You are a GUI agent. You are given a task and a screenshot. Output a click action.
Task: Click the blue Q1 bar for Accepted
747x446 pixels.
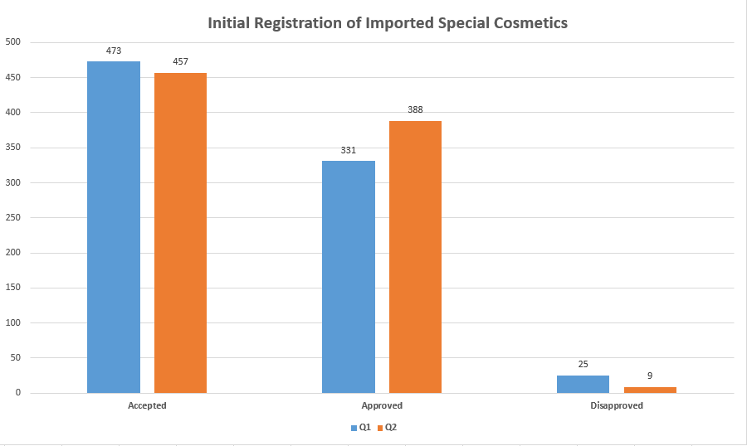(114, 227)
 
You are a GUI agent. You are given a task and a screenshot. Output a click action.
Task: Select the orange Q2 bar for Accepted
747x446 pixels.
(181, 233)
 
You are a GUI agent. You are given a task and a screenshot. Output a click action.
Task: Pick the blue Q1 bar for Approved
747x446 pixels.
(349, 277)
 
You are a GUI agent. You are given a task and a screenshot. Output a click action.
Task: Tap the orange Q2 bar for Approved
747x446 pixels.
(416, 257)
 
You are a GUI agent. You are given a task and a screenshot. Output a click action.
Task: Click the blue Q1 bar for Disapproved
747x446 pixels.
(583, 384)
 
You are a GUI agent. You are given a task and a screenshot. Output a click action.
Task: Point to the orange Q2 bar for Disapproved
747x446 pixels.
(650, 390)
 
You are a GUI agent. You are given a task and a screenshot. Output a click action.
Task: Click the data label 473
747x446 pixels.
(114, 51)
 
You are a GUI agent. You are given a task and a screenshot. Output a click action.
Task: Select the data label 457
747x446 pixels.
(181, 61)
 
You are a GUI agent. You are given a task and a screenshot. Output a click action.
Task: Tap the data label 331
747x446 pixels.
(349, 150)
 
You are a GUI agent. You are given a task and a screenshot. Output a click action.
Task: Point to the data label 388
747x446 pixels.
(416, 109)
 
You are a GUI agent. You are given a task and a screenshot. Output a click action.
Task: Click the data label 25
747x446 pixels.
(583, 364)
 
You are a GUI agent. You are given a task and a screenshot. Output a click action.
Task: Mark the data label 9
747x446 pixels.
(650, 376)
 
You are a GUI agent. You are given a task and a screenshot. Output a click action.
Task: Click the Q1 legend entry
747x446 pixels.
(361, 427)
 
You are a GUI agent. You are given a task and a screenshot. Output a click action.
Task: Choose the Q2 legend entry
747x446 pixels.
(387, 427)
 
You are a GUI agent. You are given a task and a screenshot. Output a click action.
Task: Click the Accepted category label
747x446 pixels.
(147, 405)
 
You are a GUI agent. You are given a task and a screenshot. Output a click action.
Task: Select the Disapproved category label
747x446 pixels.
(617, 405)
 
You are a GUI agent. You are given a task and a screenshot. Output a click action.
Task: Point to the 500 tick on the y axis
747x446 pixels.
(13, 42)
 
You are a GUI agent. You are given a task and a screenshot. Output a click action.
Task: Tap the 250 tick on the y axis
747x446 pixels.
(13, 217)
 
